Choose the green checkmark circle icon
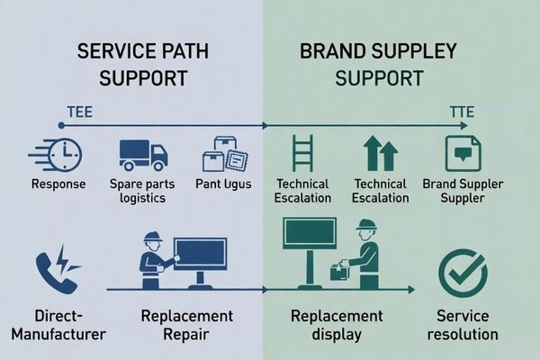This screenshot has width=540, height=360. click(462, 270)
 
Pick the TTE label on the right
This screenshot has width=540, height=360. click(462, 112)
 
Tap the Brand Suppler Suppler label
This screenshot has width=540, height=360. click(463, 192)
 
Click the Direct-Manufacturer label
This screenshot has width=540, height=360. click(58, 327)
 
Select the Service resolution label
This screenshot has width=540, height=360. click(463, 327)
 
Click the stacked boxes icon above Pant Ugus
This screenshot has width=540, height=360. click(225, 153)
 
